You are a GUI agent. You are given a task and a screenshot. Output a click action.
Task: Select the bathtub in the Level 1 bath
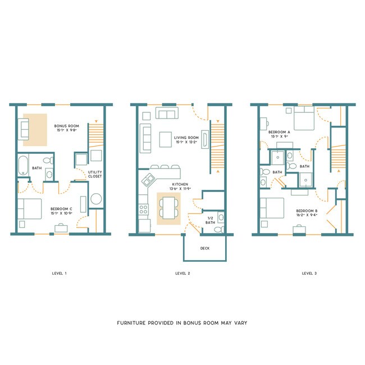tap(24, 167)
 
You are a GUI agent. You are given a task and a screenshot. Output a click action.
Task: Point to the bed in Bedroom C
tap(29, 209)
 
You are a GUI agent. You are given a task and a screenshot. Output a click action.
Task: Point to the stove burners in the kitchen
tap(143, 209)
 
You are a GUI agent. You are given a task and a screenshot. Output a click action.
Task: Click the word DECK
tap(205, 248)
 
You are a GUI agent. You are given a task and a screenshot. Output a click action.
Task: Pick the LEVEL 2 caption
tap(183, 273)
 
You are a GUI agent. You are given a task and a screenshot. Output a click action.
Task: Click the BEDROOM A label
tap(280, 131)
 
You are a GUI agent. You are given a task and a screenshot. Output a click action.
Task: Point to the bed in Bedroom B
tap(271, 209)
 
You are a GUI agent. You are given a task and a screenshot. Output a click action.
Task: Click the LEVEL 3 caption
tap(309, 273)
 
